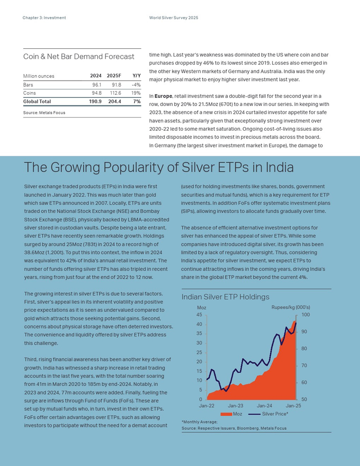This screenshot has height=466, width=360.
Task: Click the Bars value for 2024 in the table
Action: pyautogui.click(x=97, y=85)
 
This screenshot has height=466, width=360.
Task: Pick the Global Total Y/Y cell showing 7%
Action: pyautogui.click(x=137, y=101)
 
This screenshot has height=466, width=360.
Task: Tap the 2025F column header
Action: pyautogui.click(x=114, y=76)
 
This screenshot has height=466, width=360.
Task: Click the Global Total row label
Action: pyautogui.click(x=37, y=101)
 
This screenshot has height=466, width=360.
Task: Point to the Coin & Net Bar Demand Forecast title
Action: pyautogui.click(x=79, y=57)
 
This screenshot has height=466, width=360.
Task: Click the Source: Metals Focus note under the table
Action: pyautogui.click(x=44, y=113)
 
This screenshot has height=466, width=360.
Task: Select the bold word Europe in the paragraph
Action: pyautogui.click(x=163, y=96)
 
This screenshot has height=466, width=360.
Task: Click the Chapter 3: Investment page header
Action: pyautogui.click(x=44, y=18)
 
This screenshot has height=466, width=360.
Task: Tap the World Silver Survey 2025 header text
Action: pyautogui.click(x=174, y=18)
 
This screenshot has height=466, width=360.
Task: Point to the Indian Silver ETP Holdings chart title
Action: pyautogui.click(x=225, y=297)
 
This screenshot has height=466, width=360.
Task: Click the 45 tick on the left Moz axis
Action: pyautogui.click(x=199, y=315)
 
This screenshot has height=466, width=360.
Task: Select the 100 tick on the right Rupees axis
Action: pyautogui.click(x=305, y=315)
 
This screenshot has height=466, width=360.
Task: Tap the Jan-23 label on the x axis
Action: pyautogui.click(x=236, y=406)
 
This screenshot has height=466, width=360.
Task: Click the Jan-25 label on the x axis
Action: pyautogui.click(x=294, y=406)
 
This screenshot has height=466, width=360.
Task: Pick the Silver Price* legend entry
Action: pyautogui.click(x=268, y=414)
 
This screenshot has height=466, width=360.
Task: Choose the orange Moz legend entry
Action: pyautogui.click(x=231, y=414)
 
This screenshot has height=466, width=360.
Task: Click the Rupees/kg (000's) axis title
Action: pyautogui.click(x=291, y=308)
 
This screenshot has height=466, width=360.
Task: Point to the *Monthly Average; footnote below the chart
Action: pyautogui.click(x=200, y=422)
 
